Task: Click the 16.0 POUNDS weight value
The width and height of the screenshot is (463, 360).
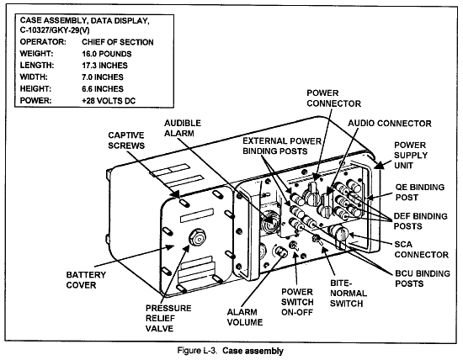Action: pyautogui.click(x=107, y=54)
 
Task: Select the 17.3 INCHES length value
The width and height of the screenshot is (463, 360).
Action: pyautogui.click(x=104, y=66)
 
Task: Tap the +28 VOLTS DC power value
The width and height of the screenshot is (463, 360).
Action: pyautogui.click(x=109, y=101)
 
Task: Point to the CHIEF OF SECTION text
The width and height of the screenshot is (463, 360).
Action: pyautogui.click(x=118, y=42)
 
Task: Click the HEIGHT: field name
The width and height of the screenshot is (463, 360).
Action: pyautogui.click(x=35, y=89)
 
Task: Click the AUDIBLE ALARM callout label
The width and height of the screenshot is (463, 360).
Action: pyautogui.click(x=183, y=128)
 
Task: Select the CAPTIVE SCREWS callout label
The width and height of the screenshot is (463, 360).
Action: pyautogui.click(x=126, y=140)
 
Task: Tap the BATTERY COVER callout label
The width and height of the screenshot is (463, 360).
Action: pyautogui.click(x=86, y=280)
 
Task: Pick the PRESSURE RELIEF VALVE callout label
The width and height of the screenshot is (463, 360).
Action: pyautogui.click(x=168, y=319)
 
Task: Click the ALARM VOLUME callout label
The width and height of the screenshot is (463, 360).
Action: pyautogui.click(x=245, y=317)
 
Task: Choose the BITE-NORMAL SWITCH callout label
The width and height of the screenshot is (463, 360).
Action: pyautogui.click(x=349, y=294)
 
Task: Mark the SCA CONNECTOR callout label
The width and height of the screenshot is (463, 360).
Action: pyautogui.click(x=422, y=249)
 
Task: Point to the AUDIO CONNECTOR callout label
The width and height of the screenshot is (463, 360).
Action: pyautogui.click(x=390, y=124)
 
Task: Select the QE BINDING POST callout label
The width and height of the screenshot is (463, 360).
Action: pyautogui.click(x=420, y=192)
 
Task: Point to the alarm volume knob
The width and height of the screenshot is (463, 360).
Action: pyautogui.click(x=280, y=251)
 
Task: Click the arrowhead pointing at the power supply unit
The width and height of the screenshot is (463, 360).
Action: pyautogui.click(x=380, y=165)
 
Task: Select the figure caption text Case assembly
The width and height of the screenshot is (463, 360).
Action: pyautogui.click(x=253, y=351)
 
